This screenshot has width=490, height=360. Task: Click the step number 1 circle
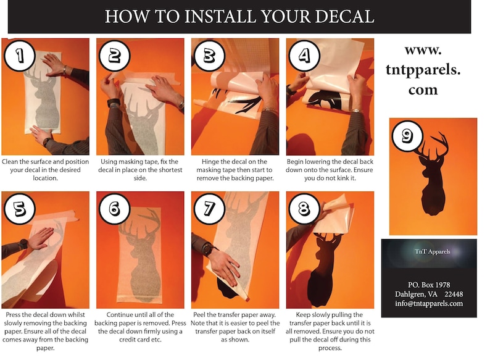pos(20,56)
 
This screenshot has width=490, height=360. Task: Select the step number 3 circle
pos(209,56)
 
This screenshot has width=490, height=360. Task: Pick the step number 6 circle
pos(115,209)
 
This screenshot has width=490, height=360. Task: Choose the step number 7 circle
pos(210,209)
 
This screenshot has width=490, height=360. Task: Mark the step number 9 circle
pos(407,135)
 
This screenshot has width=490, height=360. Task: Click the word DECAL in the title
pos(344,17)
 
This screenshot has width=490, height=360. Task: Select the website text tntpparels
pos(423,69)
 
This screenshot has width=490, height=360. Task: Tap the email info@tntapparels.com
pos(429,303)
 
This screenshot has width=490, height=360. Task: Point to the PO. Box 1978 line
pos(429,284)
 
